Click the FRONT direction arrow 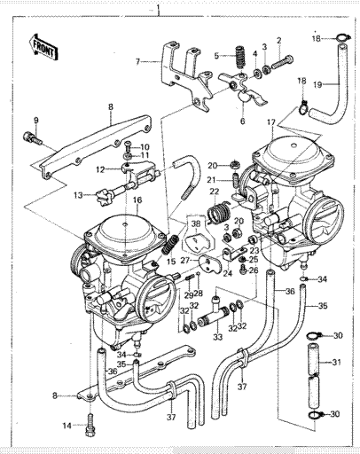pyautogui.click(x=43, y=47)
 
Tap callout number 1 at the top pyautogui.click(x=159, y=6)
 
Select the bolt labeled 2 pyautogui.click(x=281, y=62)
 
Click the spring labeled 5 pyautogui.click(x=241, y=59)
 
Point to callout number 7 pyautogui.click(x=137, y=62)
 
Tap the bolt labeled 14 pyautogui.click(x=90, y=425)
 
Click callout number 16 pyautogui.click(x=137, y=200)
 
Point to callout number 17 pyautogui.click(x=271, y=121)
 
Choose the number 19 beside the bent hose pyautogui.click(x=317, y=85)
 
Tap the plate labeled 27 pyautogui.click(x=210, y=263)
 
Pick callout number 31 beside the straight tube pyautogui.click(x=336, y=362)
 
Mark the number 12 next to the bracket pyautogui.click(x=100, y=169)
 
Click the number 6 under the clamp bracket pyautogui.click(x=243, y=121)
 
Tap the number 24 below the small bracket pyautogui.click(x=227, y=273)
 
